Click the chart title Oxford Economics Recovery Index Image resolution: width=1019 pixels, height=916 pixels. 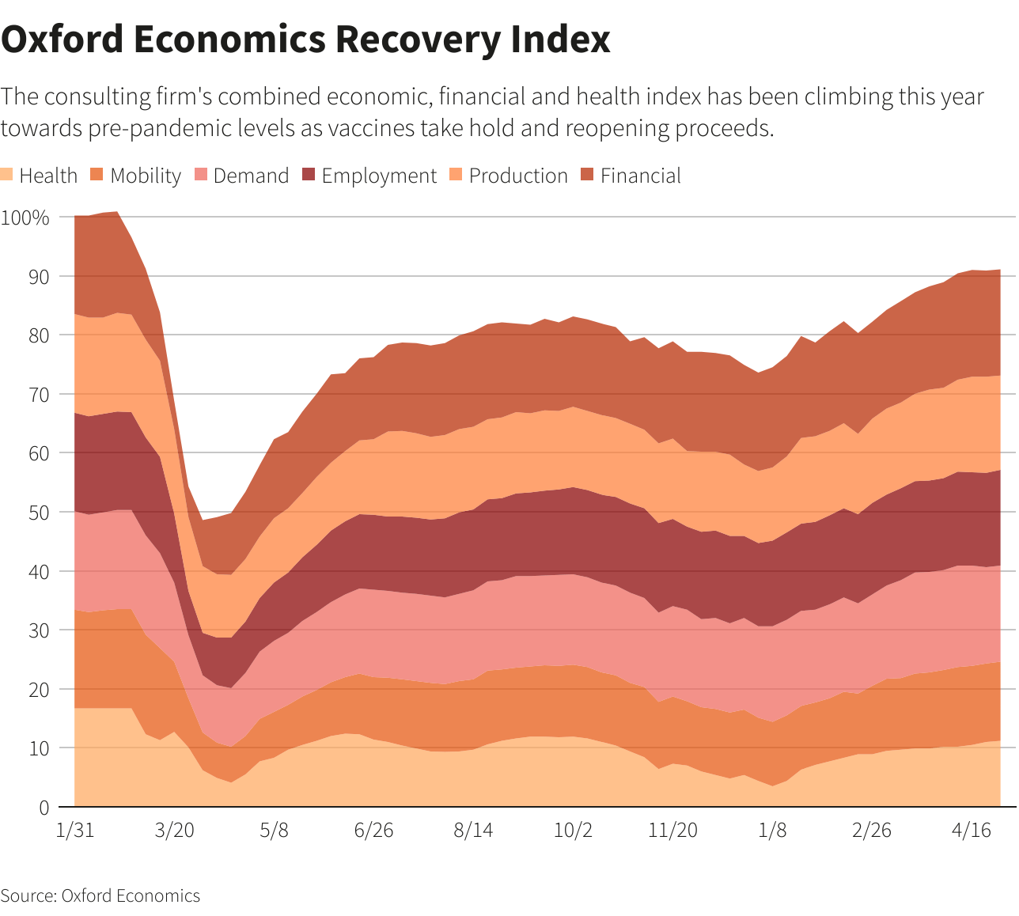pyautogui.click(x=305, y=40)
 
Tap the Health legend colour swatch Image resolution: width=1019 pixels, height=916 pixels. pyautogui.click(x=6, y=174)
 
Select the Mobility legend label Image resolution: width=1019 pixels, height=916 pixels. pyautogui.click(x=146, y=176)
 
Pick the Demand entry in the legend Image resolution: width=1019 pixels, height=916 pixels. pyautogui.click(x=242, y=176)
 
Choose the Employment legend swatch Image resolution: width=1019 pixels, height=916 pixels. pyautogui.click(x=309, y=174)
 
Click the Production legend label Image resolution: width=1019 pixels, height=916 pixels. pyautogui.click(x=518, y=176)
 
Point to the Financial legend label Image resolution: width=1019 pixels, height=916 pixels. pyautogui.click(x=641, y=176)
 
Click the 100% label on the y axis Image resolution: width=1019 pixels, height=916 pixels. pyautogui.click(x=25, y=218)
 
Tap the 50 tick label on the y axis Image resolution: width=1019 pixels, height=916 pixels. pyautogui.click(x=39, y=513)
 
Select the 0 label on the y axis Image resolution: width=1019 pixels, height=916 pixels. pyautogui.click(x=44, y=808)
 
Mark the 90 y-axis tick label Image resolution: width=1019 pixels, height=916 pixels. pyautogui.click(x=39, y=277)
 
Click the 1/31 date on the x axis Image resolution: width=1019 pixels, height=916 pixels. pyautogui.click(x=75, y=830)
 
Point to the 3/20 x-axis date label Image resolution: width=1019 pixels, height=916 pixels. pyautogui.click(x=174, y=830)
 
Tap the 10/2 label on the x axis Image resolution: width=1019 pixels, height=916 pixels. pyautogui.click(x=573, y=830)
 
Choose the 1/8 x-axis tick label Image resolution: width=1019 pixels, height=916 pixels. pyautogui.click(x=772, y=830)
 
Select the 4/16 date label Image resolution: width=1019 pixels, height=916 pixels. pyautogui.click(x=972, y=830)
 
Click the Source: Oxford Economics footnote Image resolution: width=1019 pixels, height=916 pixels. pyautogui.click(x=100, y=895)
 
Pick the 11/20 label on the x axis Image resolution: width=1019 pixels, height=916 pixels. pyautogui.click(x=672, y=830)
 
